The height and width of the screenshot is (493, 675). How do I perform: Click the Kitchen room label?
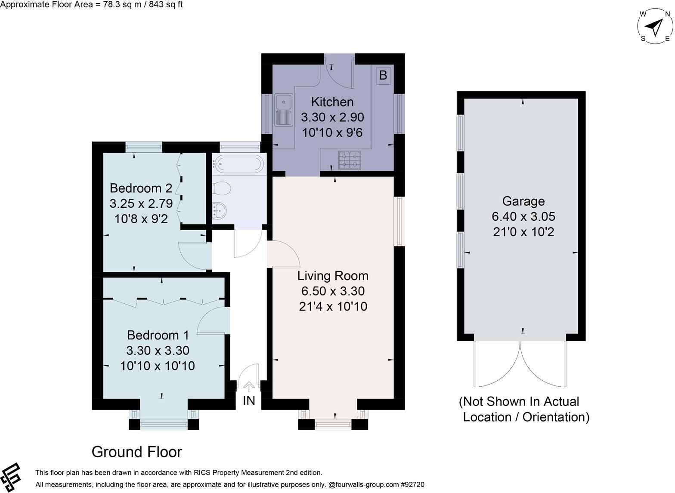(x=332, y=102)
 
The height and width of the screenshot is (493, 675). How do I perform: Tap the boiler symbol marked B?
(x=383, y=76)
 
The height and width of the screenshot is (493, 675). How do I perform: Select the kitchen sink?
(x=283, y=110)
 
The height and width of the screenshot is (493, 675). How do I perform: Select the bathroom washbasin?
(x=220, y=210)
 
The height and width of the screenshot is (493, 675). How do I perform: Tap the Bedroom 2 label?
(x=141, y=188)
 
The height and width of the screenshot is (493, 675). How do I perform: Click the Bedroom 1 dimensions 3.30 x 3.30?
(x=158, y=351)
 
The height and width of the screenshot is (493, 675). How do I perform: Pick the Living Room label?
(x=333, y=276)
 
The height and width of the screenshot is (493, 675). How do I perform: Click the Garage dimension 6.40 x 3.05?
(x=523, y=216)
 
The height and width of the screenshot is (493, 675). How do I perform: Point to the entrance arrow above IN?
(x=249, y=386)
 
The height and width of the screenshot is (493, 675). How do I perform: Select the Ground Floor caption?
(x=137, y=452)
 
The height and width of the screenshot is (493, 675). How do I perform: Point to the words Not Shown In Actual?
(x=519, y=402)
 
